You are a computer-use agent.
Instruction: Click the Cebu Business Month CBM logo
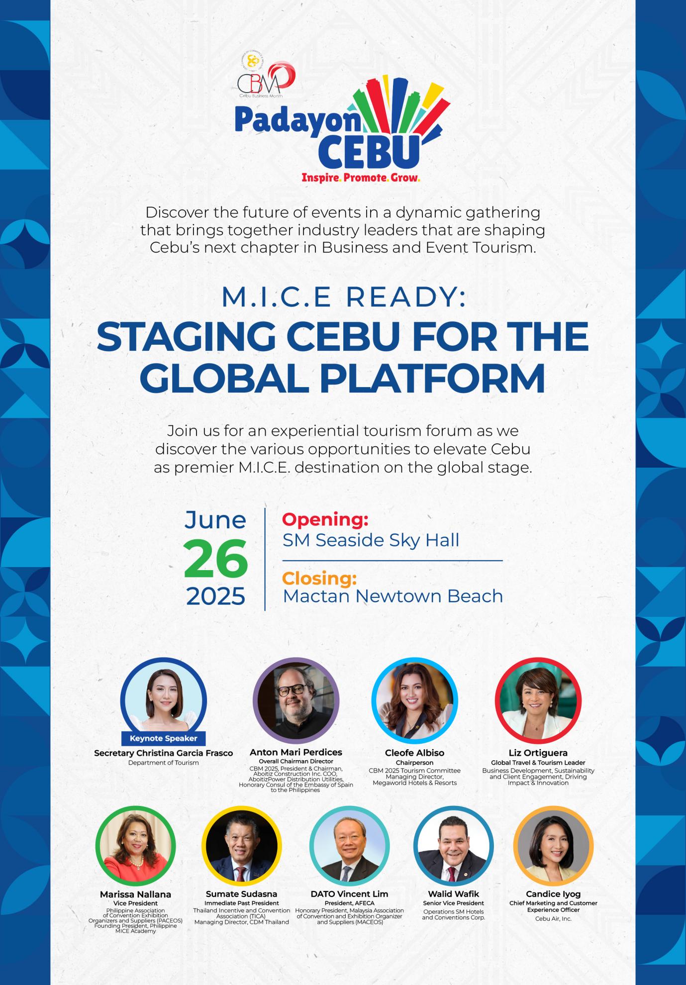coord(266,75)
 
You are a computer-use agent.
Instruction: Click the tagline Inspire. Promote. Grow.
coord(361,177)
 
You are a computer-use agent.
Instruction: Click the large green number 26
coord(215,559)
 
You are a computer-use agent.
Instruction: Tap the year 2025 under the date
coord(215,596)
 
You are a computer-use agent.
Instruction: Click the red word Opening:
coord(325,519)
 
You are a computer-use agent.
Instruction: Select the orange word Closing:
coord(320,579)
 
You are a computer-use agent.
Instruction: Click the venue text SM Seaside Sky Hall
coord(371,540)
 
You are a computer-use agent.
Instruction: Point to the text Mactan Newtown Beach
coord(393,596)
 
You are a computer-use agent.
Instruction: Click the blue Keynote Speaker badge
coord(163,738)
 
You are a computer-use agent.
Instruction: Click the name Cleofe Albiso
coord(414,753)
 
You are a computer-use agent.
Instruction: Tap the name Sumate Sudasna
coord(241,894)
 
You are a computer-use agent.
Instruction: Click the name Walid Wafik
coord(453,894)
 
